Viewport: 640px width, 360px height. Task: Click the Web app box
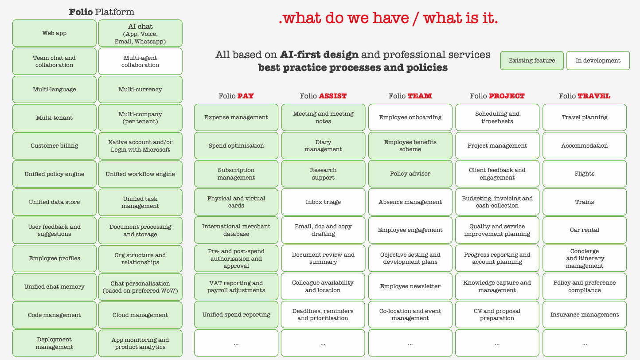54,33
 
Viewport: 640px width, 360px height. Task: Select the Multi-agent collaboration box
140,61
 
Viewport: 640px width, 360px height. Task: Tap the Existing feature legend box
531,61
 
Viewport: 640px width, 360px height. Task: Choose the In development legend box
597,61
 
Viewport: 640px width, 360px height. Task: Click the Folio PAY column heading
236,96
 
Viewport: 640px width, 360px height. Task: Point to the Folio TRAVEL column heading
584,96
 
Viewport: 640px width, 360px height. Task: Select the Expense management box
236,117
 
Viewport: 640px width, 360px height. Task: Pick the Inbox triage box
323,202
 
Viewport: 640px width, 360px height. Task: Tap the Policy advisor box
410,174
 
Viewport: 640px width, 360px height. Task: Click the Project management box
497,145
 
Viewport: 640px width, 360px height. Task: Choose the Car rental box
584,230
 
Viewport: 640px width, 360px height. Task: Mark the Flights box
584,174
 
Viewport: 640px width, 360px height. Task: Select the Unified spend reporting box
236,315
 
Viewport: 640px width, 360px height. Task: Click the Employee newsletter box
410,286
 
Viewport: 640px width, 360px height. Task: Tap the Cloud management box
140,315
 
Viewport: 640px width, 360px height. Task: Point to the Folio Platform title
101,12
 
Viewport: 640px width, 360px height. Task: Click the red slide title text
388,18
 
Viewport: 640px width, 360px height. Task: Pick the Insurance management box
584,315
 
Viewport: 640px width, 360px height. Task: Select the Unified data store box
54,202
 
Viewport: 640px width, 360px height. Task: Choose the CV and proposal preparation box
497,315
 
